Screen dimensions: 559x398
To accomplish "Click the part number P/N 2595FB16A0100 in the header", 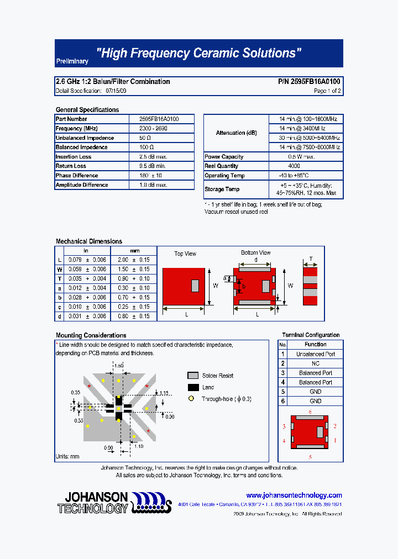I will tap(309, 81).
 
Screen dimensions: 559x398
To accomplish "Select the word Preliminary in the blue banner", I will tap(72, 62).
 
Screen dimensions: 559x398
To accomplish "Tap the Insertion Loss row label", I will tap(74, 157).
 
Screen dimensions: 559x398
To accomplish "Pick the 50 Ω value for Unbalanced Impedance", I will tap(146, 138).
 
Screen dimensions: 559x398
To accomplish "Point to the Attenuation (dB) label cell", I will tap(236, 133).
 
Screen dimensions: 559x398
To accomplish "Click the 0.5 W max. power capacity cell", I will tap(305, 157).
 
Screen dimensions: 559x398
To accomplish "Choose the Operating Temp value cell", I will tap(305, 176).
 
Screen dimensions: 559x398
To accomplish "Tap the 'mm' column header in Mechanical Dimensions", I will tap(134, 251).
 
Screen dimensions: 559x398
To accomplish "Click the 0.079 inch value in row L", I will tap(75, 260).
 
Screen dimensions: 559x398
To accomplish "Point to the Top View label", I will tap(185, 254).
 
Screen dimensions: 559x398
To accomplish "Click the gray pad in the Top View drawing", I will tap(195, 286).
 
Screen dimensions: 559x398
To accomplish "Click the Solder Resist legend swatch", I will tap(193, 376).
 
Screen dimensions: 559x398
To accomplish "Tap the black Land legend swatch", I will tap(193, 387).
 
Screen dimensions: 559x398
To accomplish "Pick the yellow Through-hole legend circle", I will tap(191, 399).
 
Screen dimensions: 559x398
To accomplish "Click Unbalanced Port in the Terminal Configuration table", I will tap(315, 354).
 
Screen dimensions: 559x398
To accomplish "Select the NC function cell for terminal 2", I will tap(315, 363).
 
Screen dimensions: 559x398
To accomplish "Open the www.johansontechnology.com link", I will tap(294, 495).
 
